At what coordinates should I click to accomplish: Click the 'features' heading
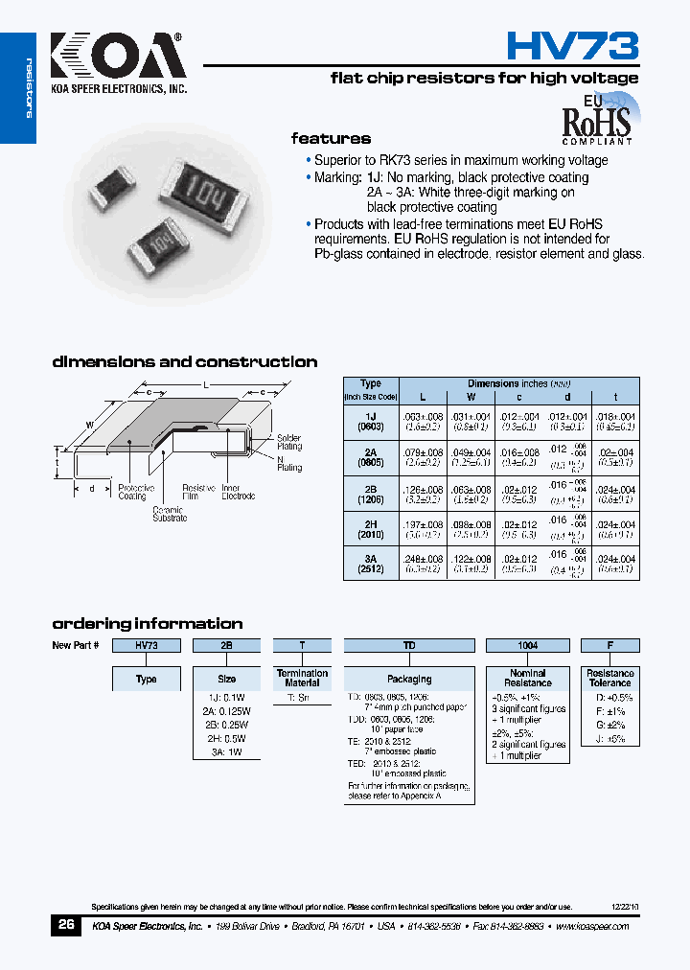click(x=331, y=139)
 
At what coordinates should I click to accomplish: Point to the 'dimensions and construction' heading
click(x=184, y=362)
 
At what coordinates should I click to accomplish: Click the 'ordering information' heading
click(x=147, y=623)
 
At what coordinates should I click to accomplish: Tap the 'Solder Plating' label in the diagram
click(x=289, y=442)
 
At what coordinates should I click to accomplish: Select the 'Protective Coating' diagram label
click(x=133, y=492)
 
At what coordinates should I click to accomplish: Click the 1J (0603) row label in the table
click(x=371, y=422)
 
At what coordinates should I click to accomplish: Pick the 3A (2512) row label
click(x=371, y=564)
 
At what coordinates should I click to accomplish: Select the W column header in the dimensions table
click(x=470, y=396)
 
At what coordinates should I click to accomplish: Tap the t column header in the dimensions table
click(x=615, y=396)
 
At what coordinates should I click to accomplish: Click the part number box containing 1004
click(x=527, y=646)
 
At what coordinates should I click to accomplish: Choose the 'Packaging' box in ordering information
click(x=409, y=679)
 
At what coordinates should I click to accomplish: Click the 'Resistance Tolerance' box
click(x=610, y=679)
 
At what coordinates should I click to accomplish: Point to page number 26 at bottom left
click(x=66, y=925)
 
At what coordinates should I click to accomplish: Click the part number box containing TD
click(x=409, y=646)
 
